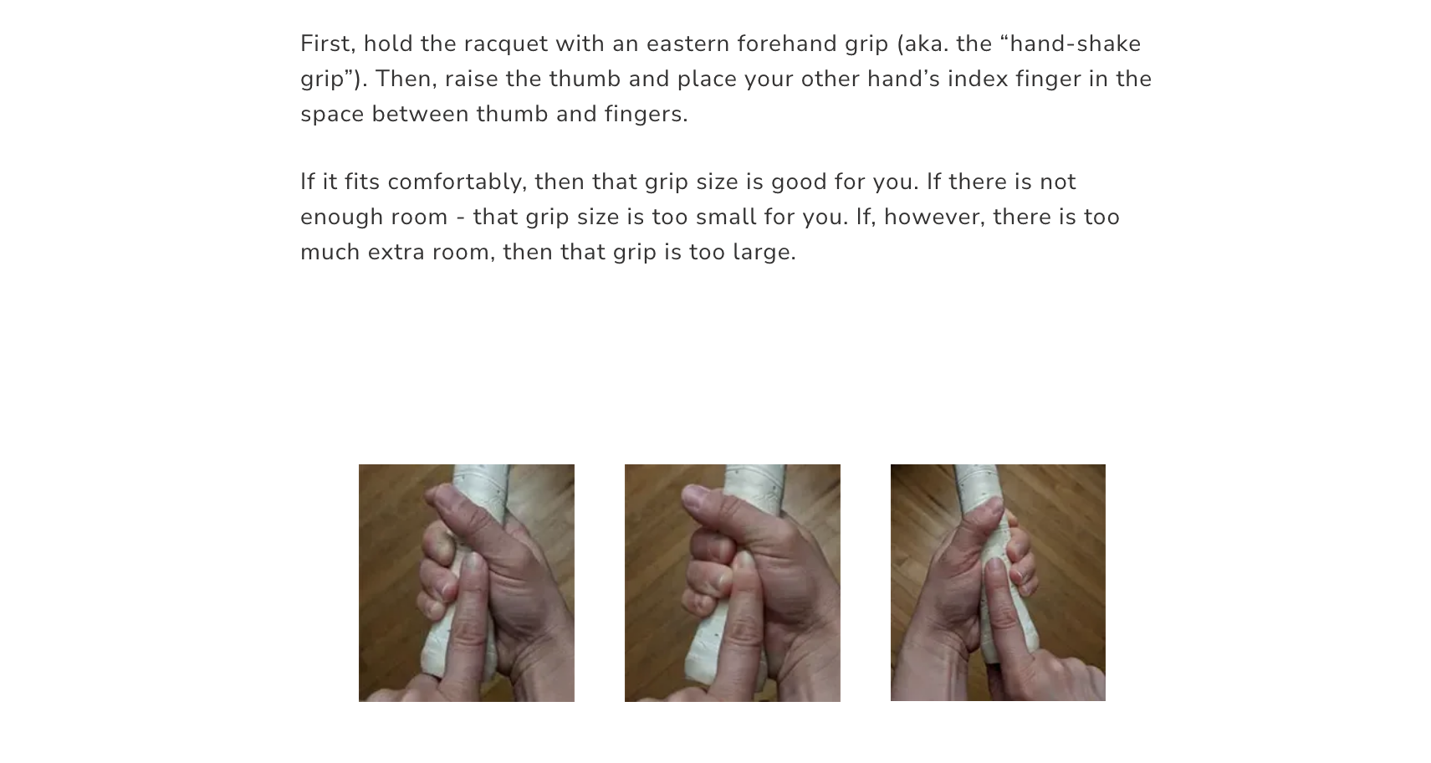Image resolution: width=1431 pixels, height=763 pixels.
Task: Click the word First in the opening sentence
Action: pyautogui.click(x=325, y=44)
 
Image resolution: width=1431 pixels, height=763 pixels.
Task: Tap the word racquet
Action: pyautogui.click(x=505, y=44)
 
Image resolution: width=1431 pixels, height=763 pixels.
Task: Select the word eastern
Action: pyautogui.click(x=687, y=44)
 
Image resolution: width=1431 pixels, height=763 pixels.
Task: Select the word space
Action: pyautogui.click(x=332, y=115)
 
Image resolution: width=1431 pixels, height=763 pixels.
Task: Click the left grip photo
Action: pyautogui.click(x=467, y=583)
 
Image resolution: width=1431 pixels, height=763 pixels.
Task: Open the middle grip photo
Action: pyautogui.click(x=732, y=583)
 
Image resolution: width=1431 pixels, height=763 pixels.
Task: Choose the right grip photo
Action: pyautogui.click(x=998, y=583)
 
